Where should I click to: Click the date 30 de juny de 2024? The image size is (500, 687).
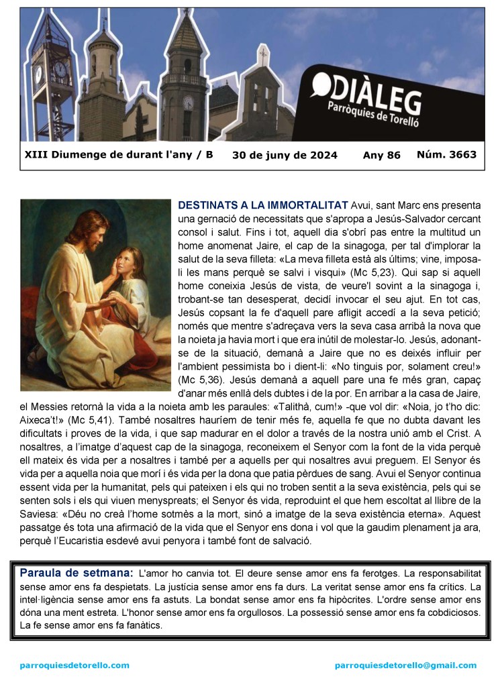285,155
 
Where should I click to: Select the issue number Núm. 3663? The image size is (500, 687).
446,154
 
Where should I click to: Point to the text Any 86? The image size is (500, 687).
381,155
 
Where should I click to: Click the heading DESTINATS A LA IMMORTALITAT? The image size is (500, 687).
263,205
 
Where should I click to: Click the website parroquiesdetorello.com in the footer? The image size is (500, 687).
74,665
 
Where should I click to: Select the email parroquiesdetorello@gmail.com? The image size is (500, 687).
405,665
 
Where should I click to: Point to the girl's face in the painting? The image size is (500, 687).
126,260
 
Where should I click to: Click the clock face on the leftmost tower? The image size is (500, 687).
60,70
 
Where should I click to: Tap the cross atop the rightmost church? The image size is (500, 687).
264,54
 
